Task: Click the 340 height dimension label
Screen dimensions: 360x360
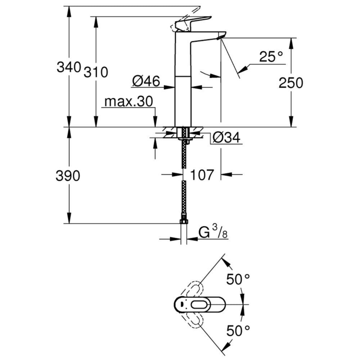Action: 68,67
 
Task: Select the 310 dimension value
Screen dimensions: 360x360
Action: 96,72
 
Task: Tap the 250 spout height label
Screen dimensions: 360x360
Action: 291,83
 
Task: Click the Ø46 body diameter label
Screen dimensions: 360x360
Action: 146,81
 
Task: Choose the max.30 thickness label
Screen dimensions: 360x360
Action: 129,102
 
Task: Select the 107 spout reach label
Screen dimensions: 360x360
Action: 202,175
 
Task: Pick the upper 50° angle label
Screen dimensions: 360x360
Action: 238,279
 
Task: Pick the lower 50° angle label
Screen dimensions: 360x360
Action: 238,329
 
